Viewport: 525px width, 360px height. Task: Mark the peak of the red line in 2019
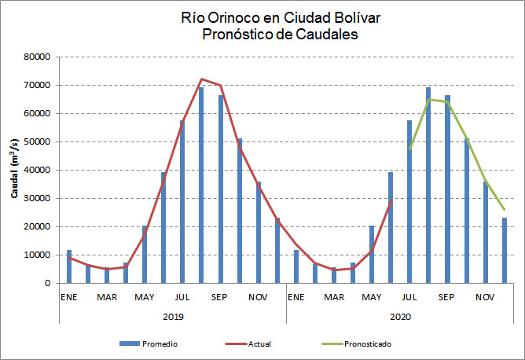tap(202, 79)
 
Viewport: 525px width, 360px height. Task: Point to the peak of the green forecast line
tap(429, 99)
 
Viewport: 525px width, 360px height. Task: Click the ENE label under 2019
tap(69, 297)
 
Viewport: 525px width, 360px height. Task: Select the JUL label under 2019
tap(182, 297)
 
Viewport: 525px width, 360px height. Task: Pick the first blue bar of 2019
tap(69, 266)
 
